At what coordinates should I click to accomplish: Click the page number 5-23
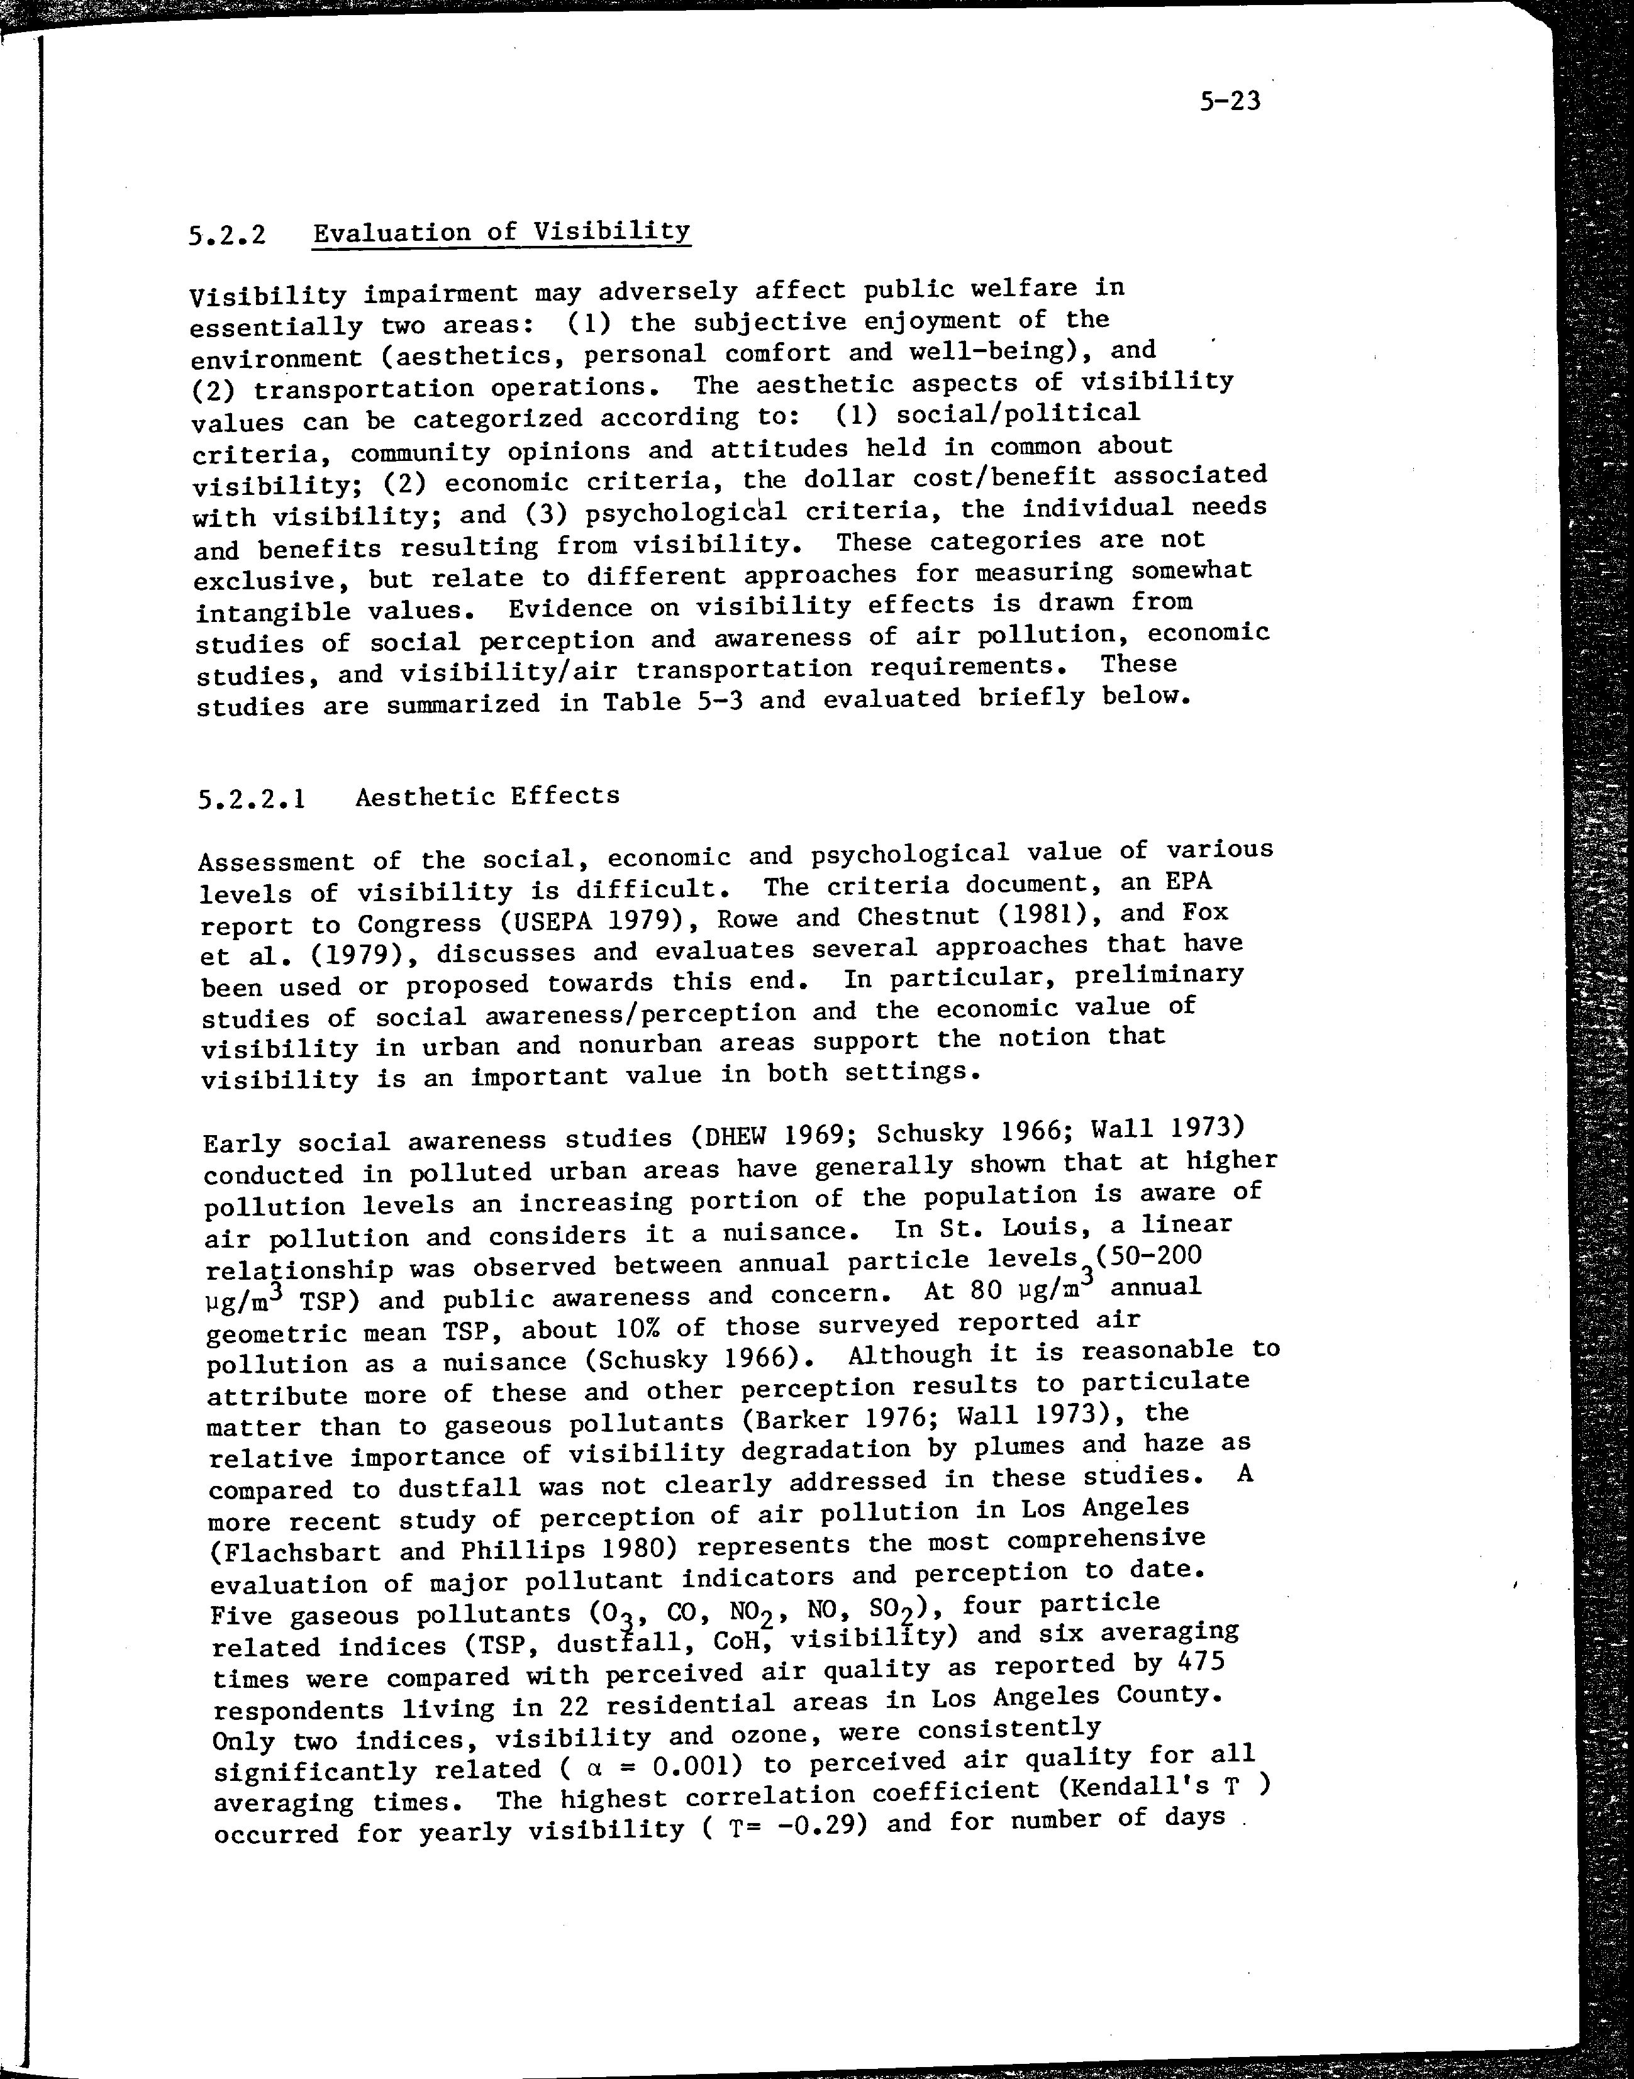tap(1230, 101)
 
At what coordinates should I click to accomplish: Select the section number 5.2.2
tap(226, 235)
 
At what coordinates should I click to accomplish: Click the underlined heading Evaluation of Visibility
tap(501, 233)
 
